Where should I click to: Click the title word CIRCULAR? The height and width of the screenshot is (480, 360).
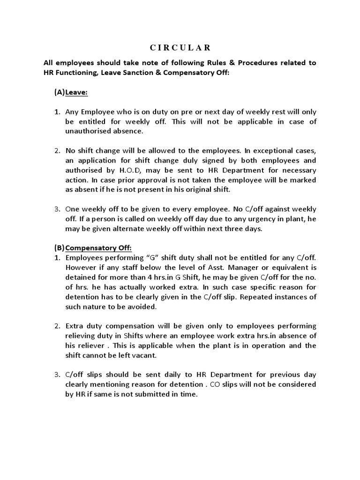tap(180, 47)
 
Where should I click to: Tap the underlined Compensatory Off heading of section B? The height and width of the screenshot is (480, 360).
tap(98, 247)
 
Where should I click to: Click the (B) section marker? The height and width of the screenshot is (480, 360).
tap(59, 247)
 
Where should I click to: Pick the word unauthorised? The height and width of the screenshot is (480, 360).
tap(87, 131)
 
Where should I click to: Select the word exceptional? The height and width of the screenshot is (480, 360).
tap(264, 150)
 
